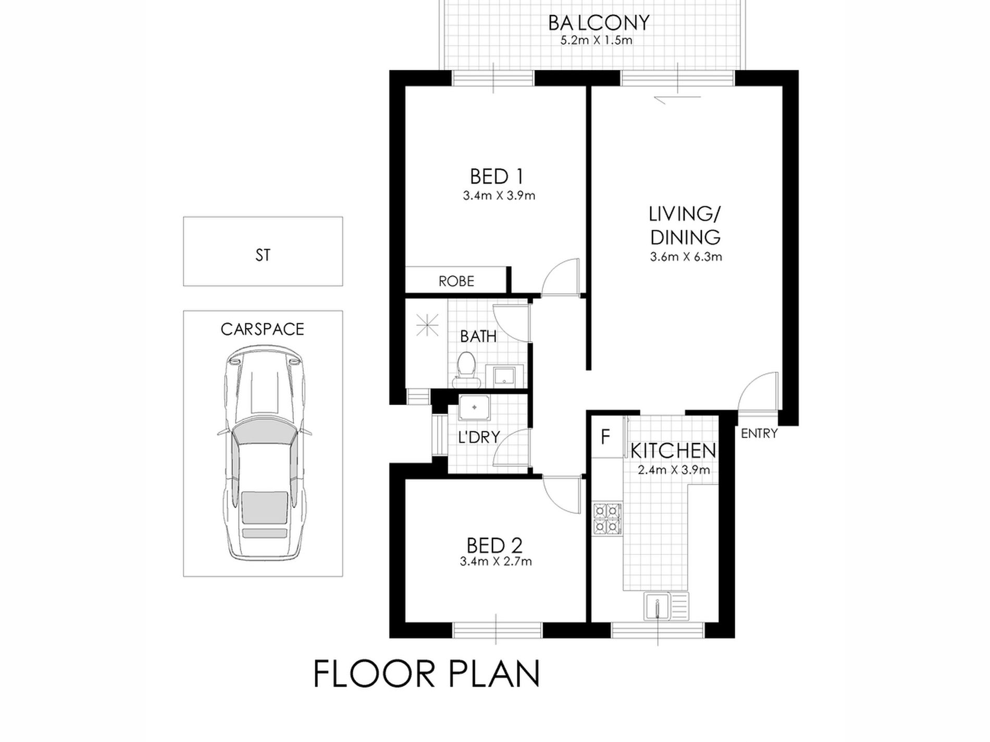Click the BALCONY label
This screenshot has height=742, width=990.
point(599,23)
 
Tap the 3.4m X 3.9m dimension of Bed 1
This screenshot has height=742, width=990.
point(499,196)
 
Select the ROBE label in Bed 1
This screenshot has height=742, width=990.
point(456,281)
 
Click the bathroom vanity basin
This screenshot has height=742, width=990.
point(500,376)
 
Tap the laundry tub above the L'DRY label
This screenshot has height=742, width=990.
point(474,408)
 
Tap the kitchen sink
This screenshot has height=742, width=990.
point(665,607)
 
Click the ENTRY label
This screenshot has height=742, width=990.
point(759,433)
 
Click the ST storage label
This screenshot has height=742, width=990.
point(263,255)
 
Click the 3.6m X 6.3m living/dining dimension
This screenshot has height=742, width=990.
point(686,257)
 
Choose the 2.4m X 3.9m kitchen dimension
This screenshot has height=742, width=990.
point(674,470)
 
